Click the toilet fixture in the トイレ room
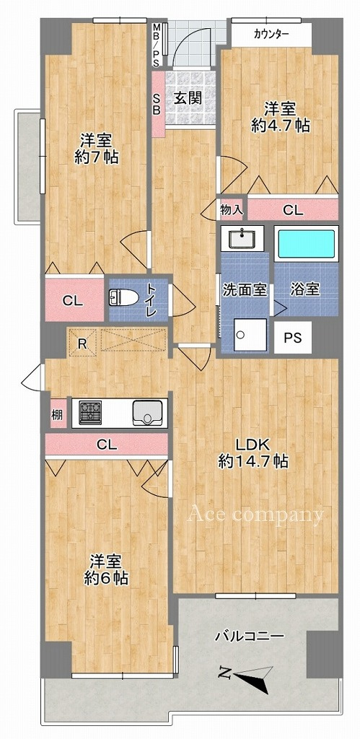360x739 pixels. pyautogui.click(x=123, y=297)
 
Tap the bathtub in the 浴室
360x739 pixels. pyautogui.click(x=307, y=244)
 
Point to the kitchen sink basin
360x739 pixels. pyautogui.click(x=148, y=414)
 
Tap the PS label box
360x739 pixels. pyautogui.click(x=293, y=338)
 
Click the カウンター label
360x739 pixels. pyautogui.click(x=271, y=34)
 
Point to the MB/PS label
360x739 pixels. pyautogui.click(x=157, y=45)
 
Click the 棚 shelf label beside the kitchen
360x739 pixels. pyautogui.click(x=57, y=414)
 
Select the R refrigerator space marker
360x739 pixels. pyautogui.click(x=82, y=343)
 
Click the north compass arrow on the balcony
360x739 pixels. pyautogui.click(x=246, y=675)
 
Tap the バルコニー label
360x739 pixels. pyautogui.click(x=250, y=637)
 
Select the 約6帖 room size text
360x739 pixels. pyautogui.click(x=106, y=578)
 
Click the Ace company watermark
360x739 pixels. pyautogui.click(x=256, y=514)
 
